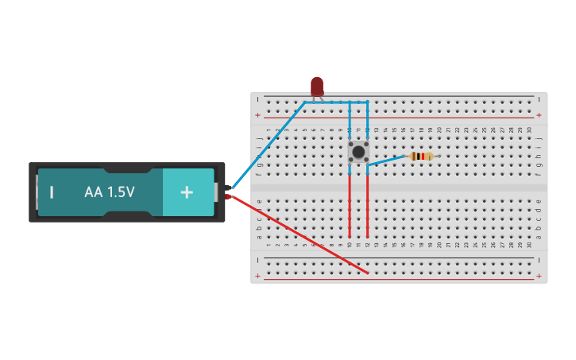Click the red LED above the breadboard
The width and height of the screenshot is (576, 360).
317,85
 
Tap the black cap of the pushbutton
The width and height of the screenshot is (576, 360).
358,151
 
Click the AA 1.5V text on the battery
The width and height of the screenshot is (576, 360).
110,192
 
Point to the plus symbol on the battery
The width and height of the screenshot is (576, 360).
187,192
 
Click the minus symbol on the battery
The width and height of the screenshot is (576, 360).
52,192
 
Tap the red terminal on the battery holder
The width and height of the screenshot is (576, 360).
228,196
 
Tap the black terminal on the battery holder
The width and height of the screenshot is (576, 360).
228,188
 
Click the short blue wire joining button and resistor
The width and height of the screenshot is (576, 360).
386,161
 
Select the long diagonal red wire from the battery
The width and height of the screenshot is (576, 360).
302,236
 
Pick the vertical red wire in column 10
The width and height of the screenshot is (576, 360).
350,207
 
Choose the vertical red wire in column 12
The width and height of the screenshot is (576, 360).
368,207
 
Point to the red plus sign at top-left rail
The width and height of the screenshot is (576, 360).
257,115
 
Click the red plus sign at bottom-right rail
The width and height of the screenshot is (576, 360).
539,276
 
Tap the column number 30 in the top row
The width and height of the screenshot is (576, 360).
529,130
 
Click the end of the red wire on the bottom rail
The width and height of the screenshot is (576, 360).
368,274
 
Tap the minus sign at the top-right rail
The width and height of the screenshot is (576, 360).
539,99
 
